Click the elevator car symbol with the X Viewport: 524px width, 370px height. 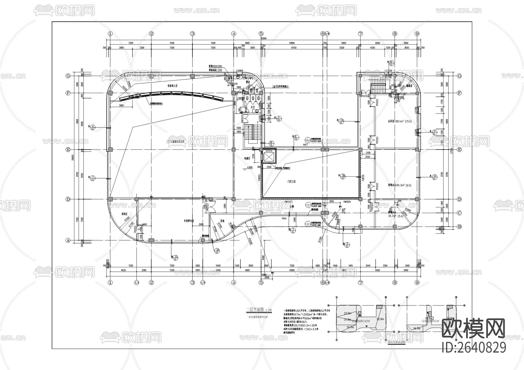tap(269, 157)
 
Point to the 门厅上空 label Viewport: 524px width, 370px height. tap(291, 181)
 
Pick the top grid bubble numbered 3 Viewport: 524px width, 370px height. tap(192, 33)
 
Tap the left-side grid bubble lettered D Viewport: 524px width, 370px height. tap(68, 199)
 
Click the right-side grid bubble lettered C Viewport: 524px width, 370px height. tap(459, 213)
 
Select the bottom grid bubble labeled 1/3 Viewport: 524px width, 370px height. tap(203, 282)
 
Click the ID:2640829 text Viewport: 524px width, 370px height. tap(474, 348)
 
